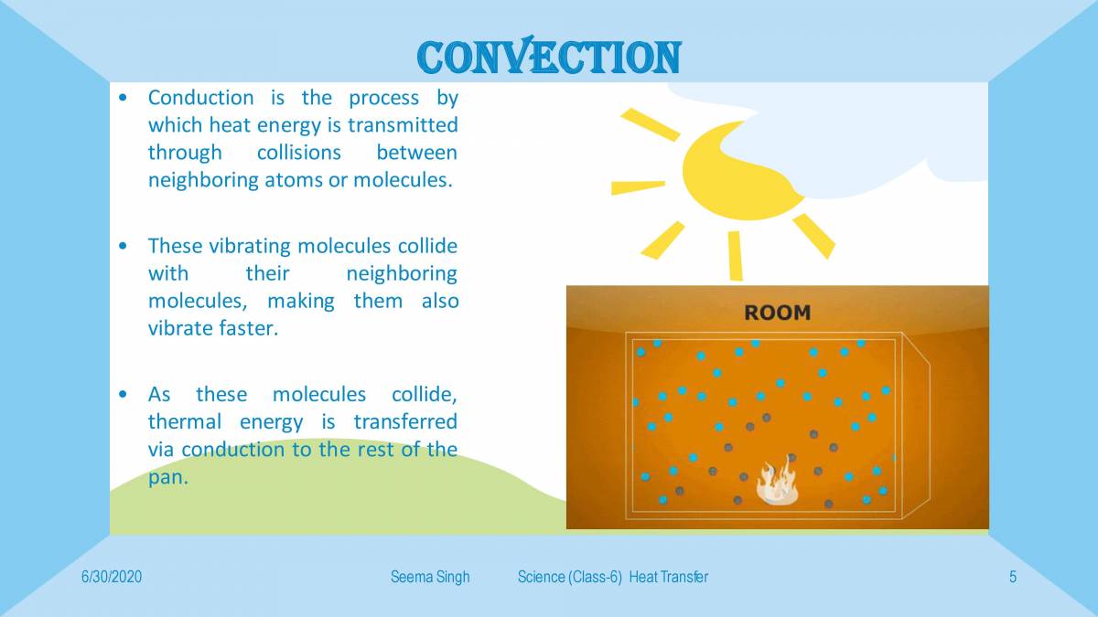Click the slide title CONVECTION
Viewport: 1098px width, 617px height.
coord(549,58)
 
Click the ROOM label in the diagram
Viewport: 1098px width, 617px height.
coord(777,313)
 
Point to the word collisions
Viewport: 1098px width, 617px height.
coord(298,153)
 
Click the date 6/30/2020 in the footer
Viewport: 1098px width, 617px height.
coord(111,577)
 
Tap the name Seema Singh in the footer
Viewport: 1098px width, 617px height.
coord(429,577)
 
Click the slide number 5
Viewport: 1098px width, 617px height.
coord(1013,577)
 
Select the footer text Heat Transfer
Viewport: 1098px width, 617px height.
coord(668,577)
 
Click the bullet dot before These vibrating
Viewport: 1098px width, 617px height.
coord(124,247)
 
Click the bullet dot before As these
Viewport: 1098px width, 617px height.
coord(124,395)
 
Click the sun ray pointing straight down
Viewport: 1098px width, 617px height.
coord(735,255)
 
